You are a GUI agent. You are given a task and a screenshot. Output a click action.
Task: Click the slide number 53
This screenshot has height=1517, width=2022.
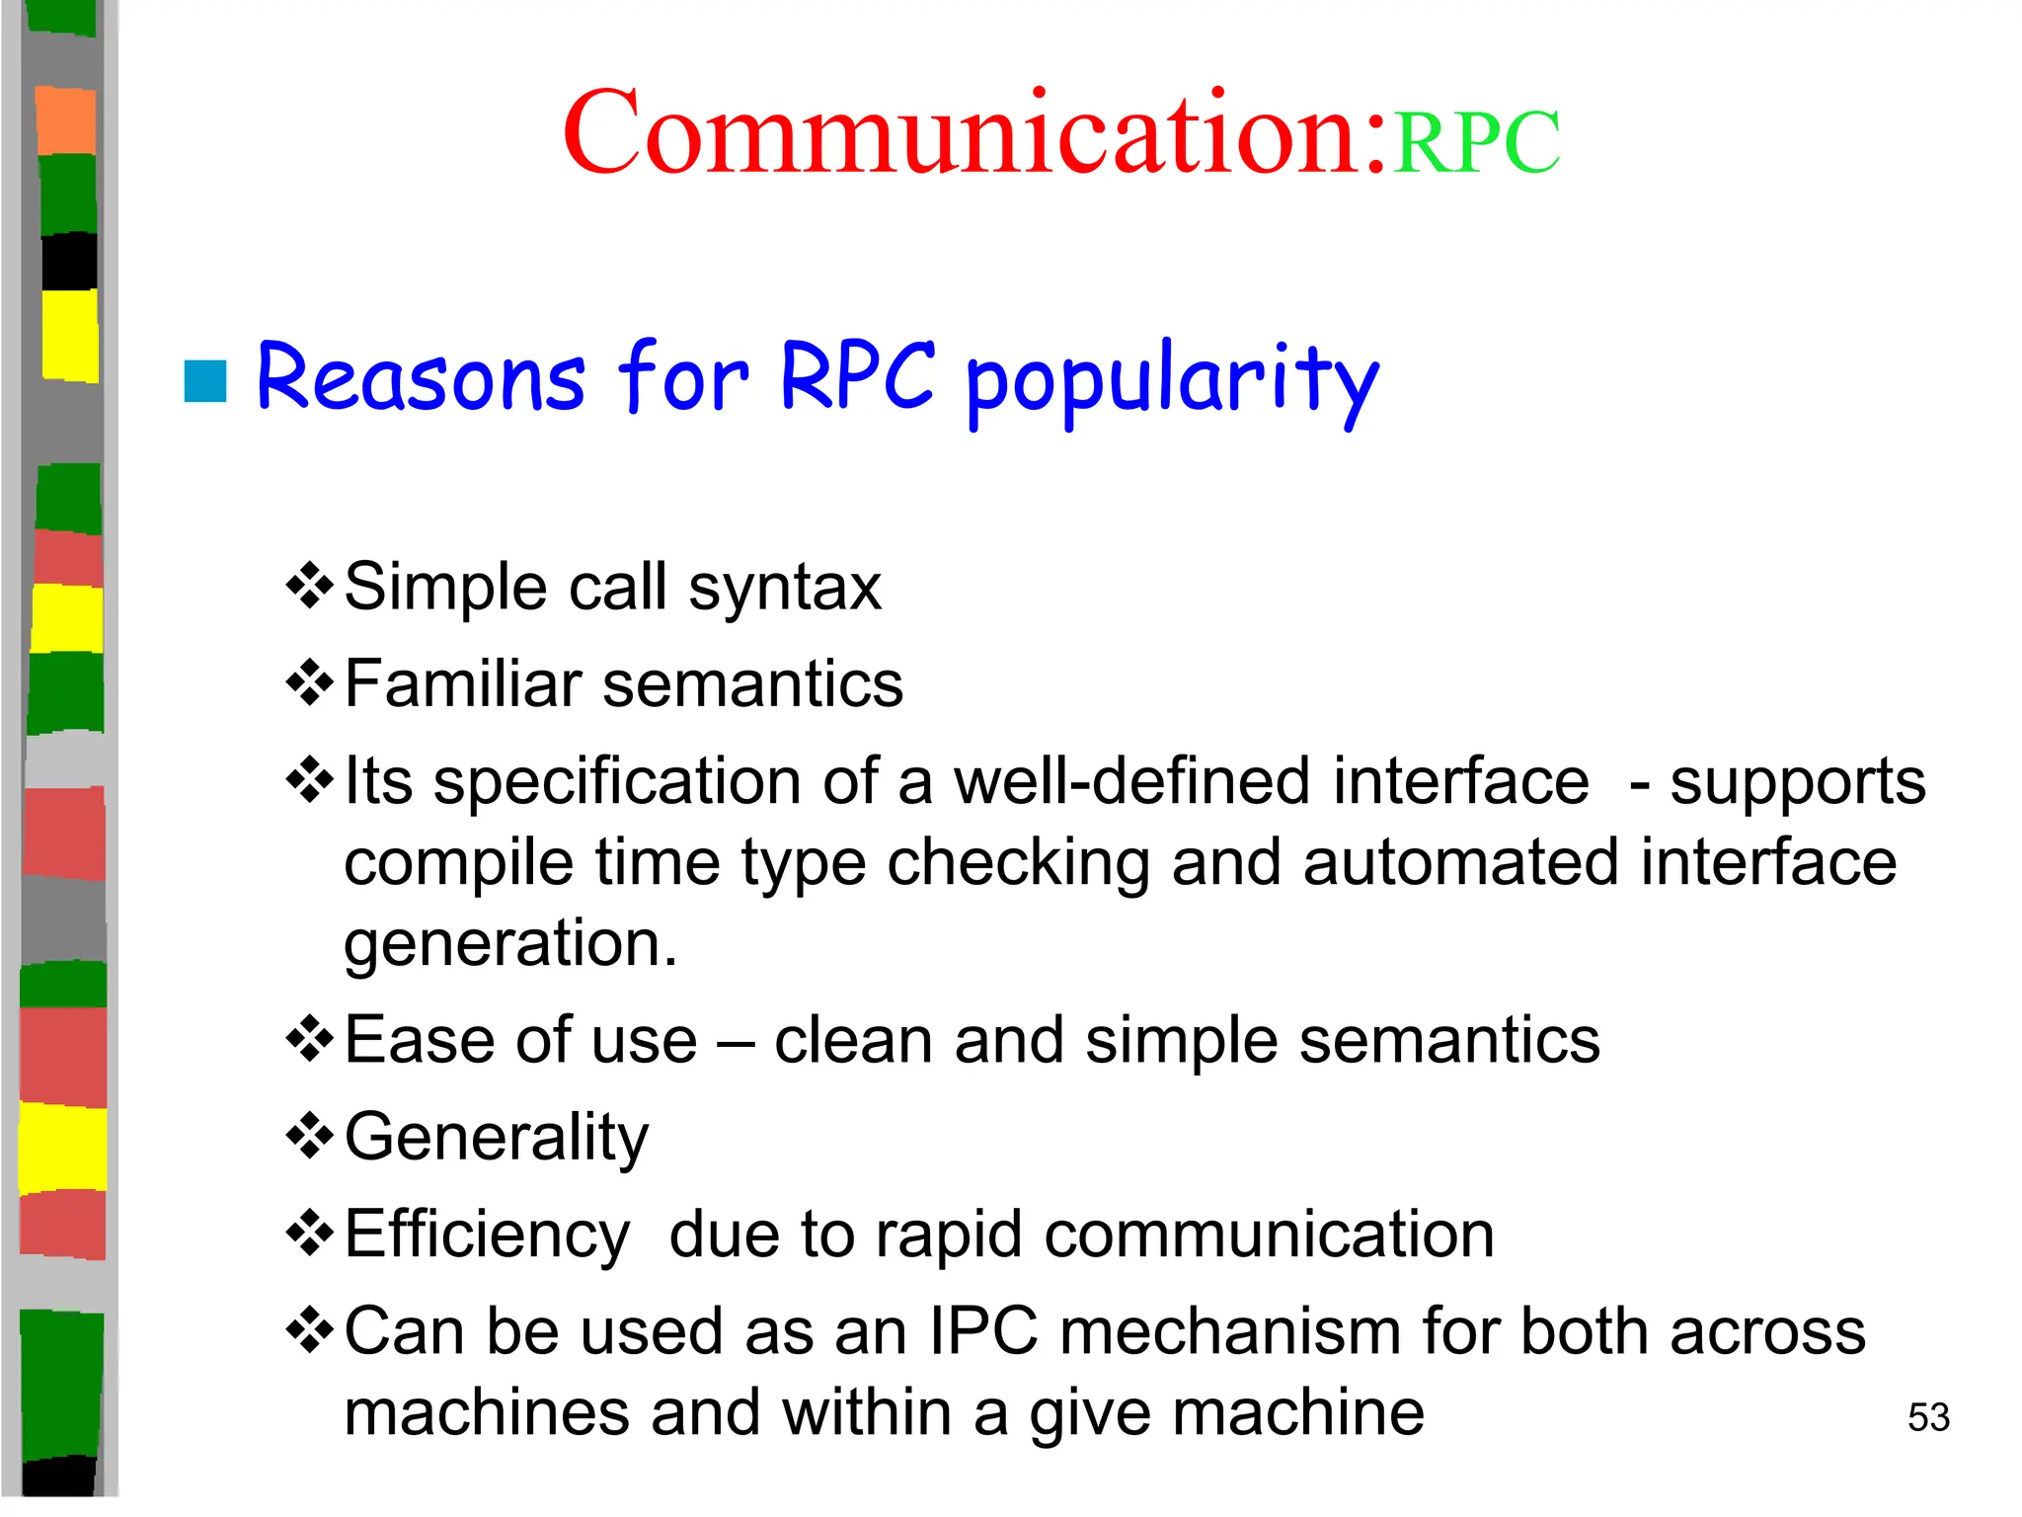click(x=1927, y=1417)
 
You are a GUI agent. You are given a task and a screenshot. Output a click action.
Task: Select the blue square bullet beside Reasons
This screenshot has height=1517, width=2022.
click(x=205, y=381)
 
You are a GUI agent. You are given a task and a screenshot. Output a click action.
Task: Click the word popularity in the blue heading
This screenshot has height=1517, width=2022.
click(x=1172, y=380)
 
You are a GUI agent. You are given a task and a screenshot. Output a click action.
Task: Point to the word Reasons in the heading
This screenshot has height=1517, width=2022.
click(x=421, y=377)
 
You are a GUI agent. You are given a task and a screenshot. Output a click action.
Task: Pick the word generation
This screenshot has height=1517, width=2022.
click(x=509, y=943)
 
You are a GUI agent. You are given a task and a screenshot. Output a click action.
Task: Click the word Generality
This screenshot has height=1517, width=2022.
click(x=497, y=1138)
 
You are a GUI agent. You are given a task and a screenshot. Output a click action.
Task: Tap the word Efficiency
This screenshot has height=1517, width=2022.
click(x=487, y=1235)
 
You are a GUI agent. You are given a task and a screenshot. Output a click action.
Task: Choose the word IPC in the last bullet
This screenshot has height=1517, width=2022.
click(x=983, y=1331)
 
